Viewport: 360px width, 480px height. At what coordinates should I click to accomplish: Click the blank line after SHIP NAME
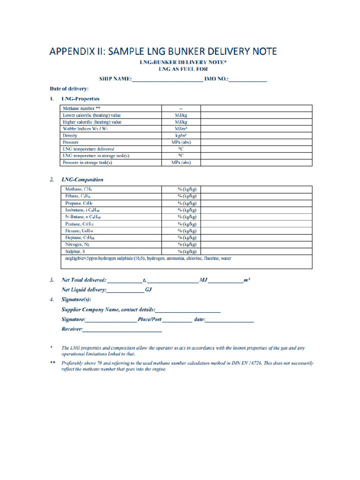click(167, 80)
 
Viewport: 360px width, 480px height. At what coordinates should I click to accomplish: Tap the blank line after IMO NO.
click(248, 80)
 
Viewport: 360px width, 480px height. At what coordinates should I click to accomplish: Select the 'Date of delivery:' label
click(69, 89)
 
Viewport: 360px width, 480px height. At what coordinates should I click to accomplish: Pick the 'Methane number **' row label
click(82, 108)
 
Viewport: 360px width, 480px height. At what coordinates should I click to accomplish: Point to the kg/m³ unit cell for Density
click(180, 135)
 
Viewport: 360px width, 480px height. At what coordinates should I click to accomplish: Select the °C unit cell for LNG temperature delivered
click(180, 149)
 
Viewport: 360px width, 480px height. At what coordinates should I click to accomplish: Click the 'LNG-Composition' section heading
click(82, 180)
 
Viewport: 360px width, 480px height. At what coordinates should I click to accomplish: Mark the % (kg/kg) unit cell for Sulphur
click(187, 252)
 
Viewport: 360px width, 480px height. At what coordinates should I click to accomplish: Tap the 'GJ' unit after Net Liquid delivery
click(149, 290)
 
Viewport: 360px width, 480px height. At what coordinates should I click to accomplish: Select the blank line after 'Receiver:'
click(122, 330)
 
